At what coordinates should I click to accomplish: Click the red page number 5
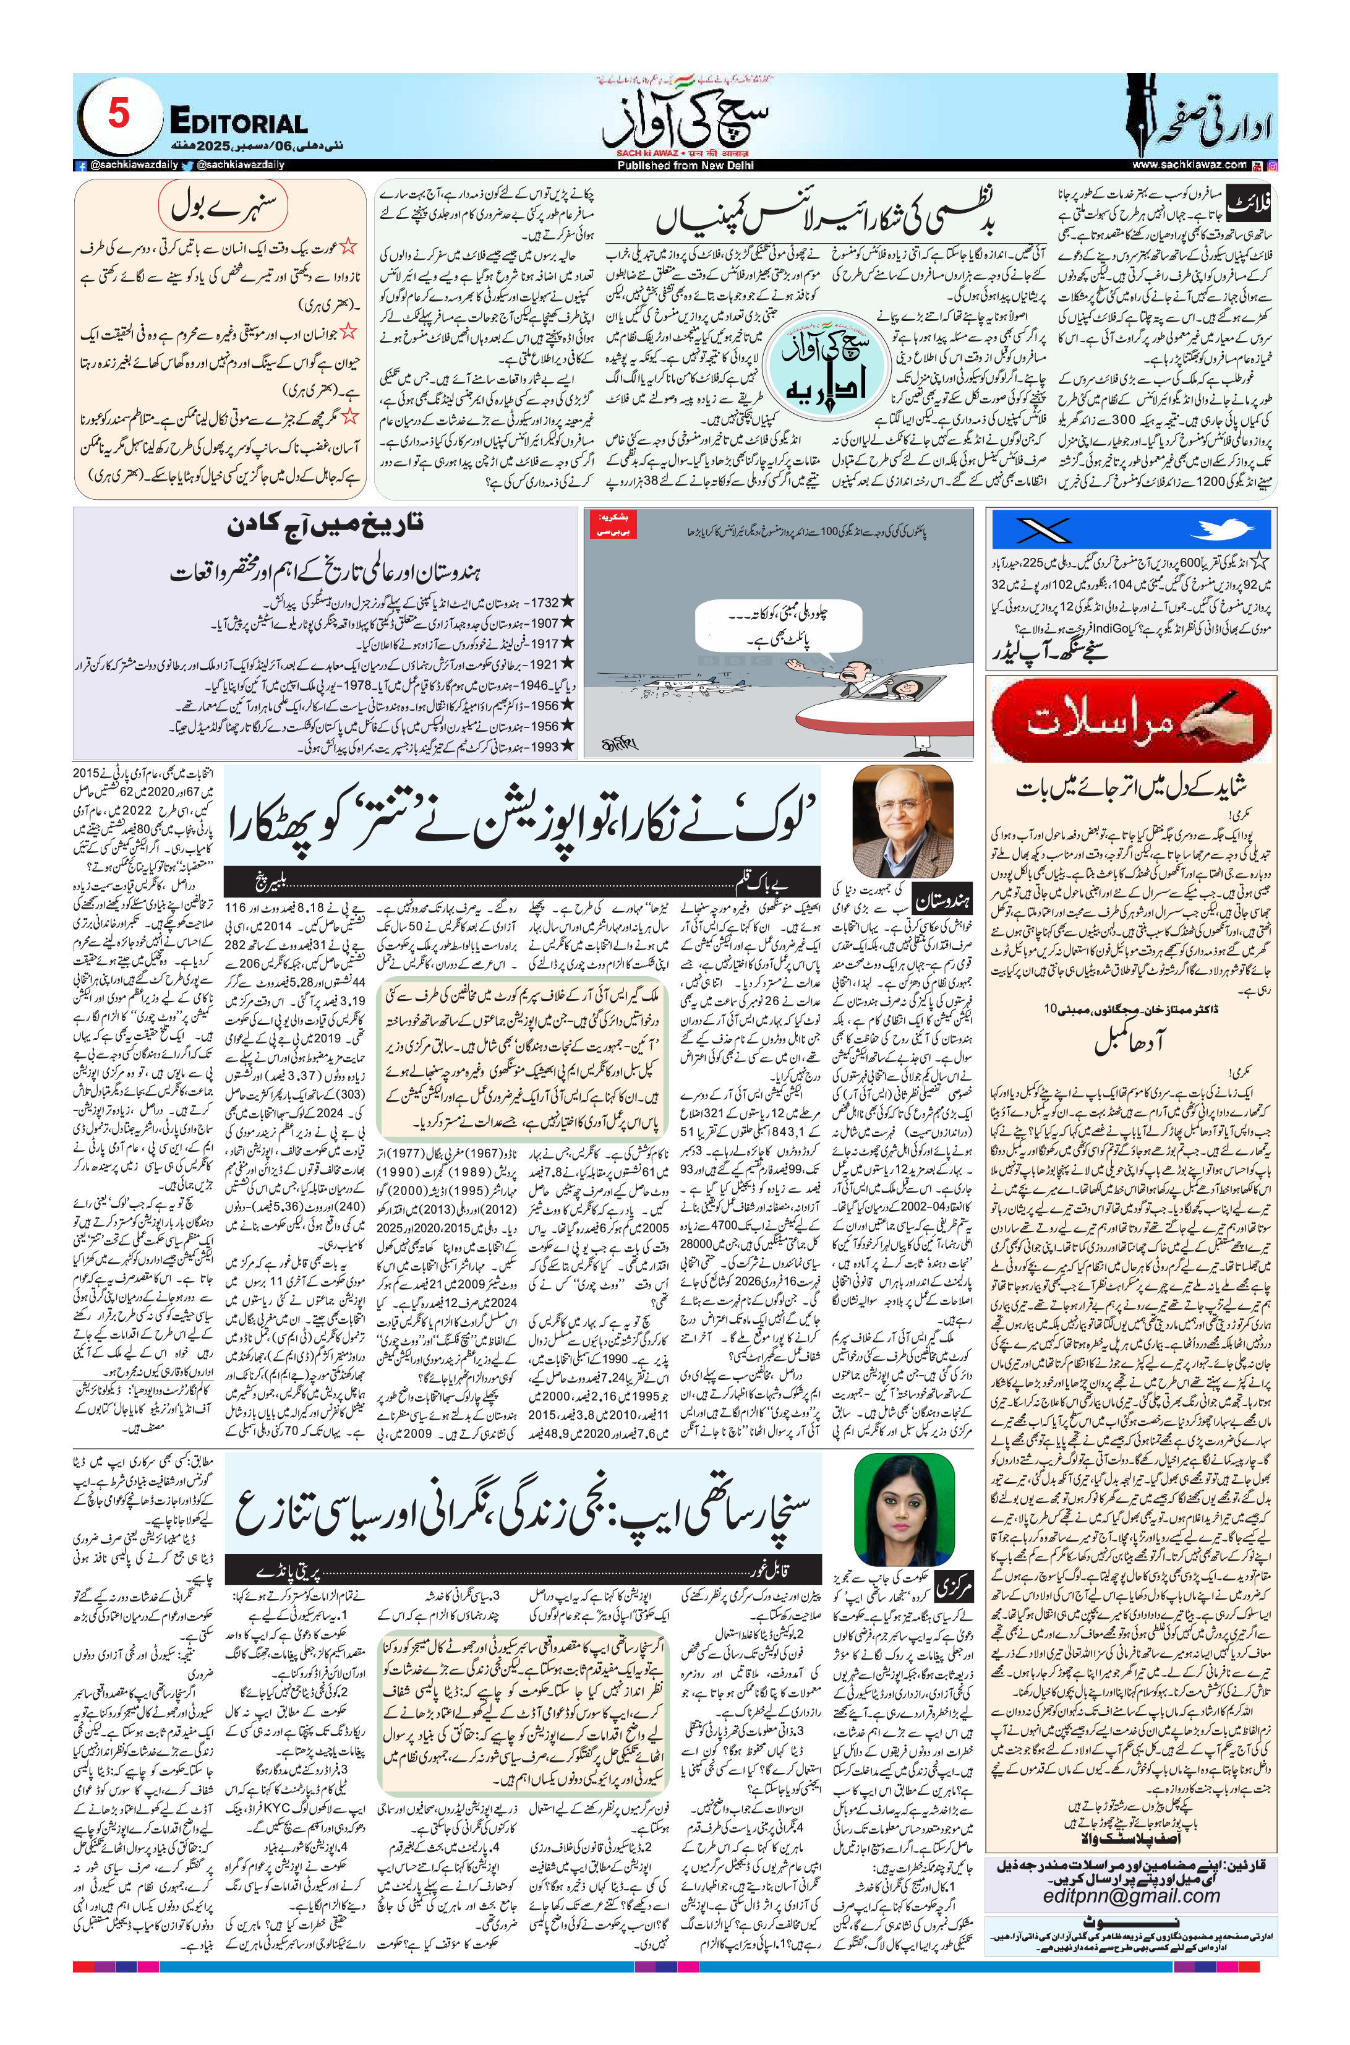click(x=118, y=114)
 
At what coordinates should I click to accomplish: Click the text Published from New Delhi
click(x=685, y=165)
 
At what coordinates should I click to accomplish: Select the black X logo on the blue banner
click(x=1043, y=529)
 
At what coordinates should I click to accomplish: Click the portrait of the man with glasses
click(x=902, y=821)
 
